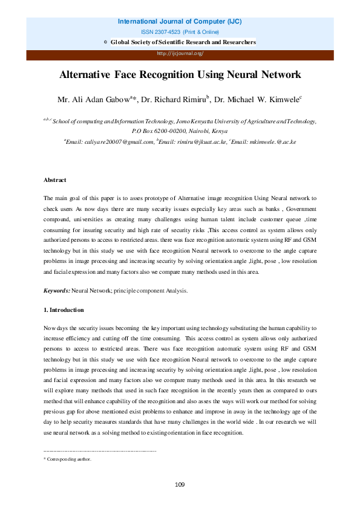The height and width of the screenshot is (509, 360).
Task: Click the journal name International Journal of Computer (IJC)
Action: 180,21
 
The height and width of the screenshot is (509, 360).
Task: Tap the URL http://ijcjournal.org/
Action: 180,54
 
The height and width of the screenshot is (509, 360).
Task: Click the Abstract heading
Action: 55,180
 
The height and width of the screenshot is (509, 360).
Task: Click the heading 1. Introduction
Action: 64,310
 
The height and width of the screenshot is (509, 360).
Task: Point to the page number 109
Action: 180,485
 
